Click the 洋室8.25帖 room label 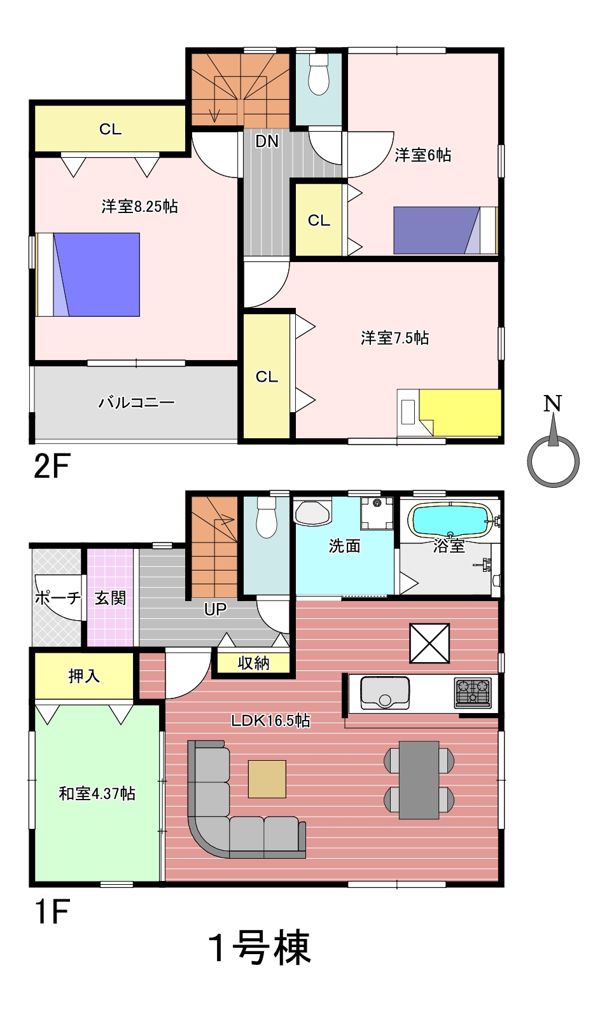click(x=139, y=207)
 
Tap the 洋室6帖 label click(x=422, y=155)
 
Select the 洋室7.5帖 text click(x=394, y=338)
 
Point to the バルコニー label click(x=137, y=402)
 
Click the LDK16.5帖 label click(x=270, y=720)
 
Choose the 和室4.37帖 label click(x=97, y=793)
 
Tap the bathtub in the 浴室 click(x=450, y=520)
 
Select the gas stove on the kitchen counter click(x=473, y=693)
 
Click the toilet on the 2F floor click(x=319, y=74)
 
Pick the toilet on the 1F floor click(x=267, y=518)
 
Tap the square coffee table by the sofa click(x=267, y=779)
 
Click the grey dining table click(x=419, y=780)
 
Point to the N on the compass click(x=552, y=403)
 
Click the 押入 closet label click(x=84, y=676)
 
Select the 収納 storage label click(x=254, y=663)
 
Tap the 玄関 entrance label click(x=110, y=598)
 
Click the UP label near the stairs click(x=215, y=609)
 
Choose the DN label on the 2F click(x=267, y=141)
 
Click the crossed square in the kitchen click(x=429, y=643)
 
